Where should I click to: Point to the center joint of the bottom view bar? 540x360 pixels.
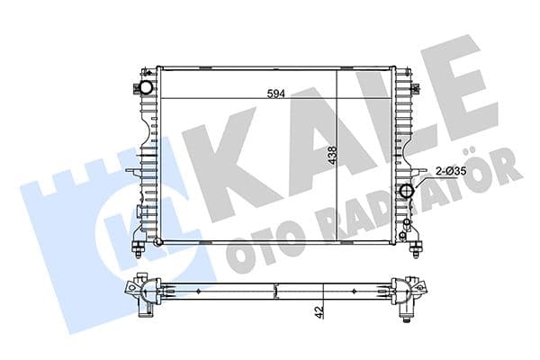click(276, 292)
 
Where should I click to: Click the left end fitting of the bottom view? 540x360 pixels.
click(141, 294)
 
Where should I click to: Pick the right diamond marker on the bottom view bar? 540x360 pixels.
click(361, 292)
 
